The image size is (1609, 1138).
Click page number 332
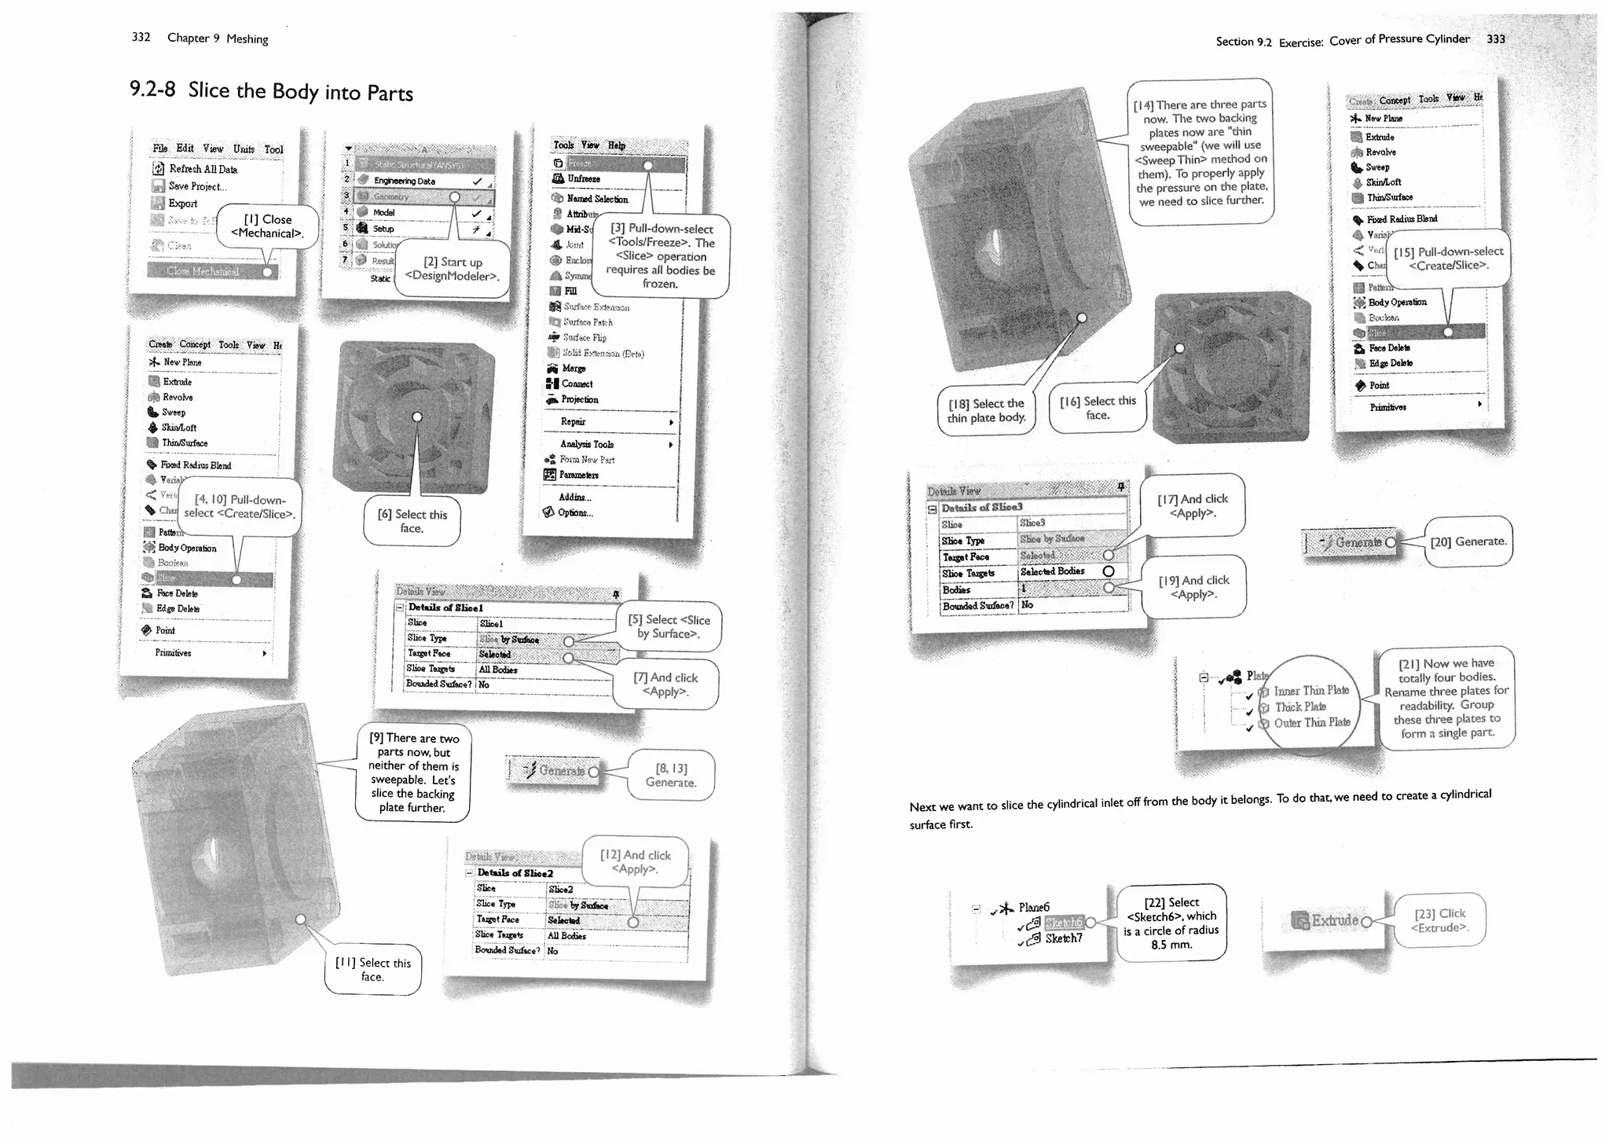tap(141, 37)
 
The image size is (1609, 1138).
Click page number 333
tap(1496, 39)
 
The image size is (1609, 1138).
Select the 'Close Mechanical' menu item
tap(203, 271)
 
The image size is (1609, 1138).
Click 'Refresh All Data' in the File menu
tap(203, 169)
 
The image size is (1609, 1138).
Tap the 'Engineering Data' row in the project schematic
tap(404, 181)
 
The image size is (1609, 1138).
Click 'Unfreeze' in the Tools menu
tap(584, 179)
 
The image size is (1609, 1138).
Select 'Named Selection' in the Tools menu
tap(597, 199)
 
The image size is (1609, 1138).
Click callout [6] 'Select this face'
tap(412, 521)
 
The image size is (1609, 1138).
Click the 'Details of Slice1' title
tap(445, 608)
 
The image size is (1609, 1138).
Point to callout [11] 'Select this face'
tap(373, 969)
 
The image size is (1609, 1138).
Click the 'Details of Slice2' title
tap(515, 873)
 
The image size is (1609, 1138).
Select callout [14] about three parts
tap(1200, 152)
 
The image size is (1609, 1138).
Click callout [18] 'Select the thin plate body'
tap(986, 410)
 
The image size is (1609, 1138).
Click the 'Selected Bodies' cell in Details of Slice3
tap(1053, 571)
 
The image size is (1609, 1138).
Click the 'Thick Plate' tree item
tap(1300, 707)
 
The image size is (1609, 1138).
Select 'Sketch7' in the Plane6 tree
tap(1063, 938)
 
